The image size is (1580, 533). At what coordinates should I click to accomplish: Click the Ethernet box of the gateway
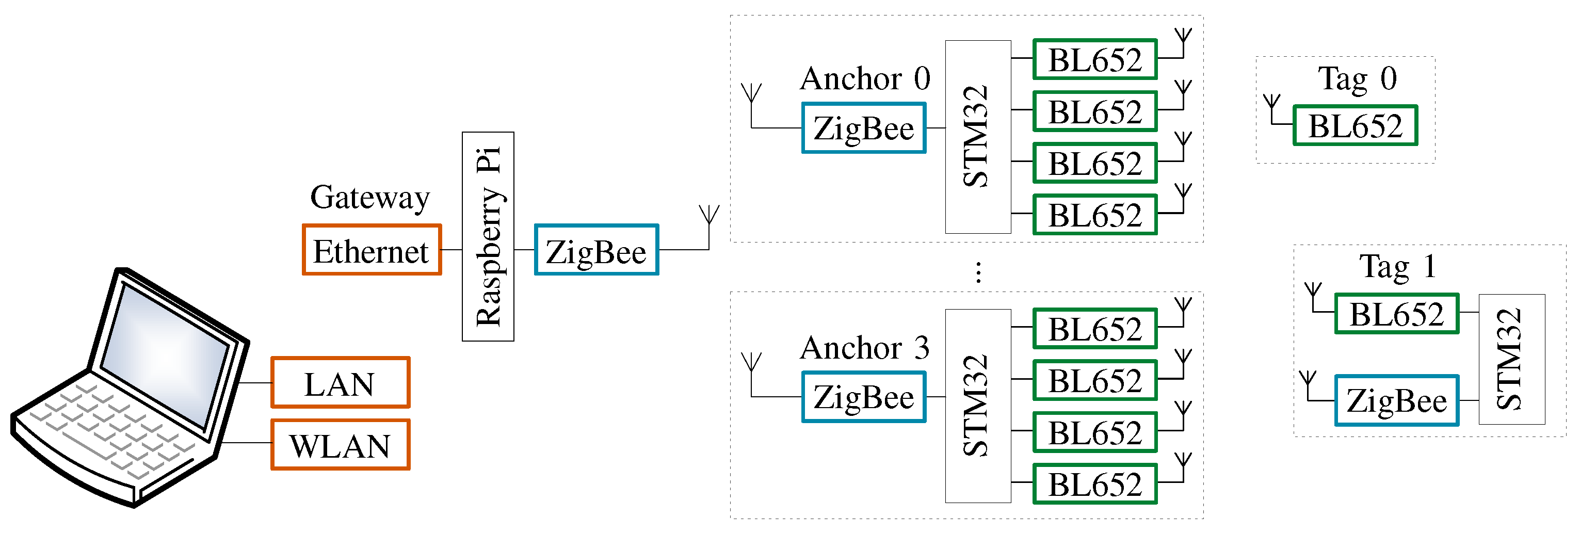pyautogui.click(x=372, y=250)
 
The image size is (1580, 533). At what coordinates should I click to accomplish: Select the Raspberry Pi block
pyautogui.click(x=488, y=236)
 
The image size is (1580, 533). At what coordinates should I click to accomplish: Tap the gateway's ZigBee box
pyautogui.click(x=596, y=250)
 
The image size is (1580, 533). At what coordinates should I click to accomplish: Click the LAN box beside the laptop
pyautogui.click(x=341, y=382)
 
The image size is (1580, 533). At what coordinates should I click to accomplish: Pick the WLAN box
pyautogui.click(x=341, y=445)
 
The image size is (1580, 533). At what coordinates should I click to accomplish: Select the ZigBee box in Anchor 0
pyautogui.click(x=864, y=127)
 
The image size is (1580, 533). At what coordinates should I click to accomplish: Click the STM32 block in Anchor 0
pyautogui.click(x=978, y=137)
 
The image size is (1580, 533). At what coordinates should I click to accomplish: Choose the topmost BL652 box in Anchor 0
pyautogui.click(x=1095, y=59)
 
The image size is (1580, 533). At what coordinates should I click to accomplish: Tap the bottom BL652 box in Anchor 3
pyautogui.click(x=1095, y=484)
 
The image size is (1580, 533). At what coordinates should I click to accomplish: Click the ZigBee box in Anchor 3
pyautogui.click(x=864, y=397)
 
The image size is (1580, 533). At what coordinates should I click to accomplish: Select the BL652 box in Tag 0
pyautogui.click(x=1356, y=125)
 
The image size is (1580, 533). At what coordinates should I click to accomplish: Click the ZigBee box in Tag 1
pyautogui.click(x=1397, y=400)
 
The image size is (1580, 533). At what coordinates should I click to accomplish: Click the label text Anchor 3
pyautogui.click(x=865, y=348)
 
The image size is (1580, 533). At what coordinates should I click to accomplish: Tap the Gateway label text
pyautogui.click(x=370, y=198)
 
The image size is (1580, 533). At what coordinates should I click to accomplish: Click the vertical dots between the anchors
pyautogui.click(x=978, y=272)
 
